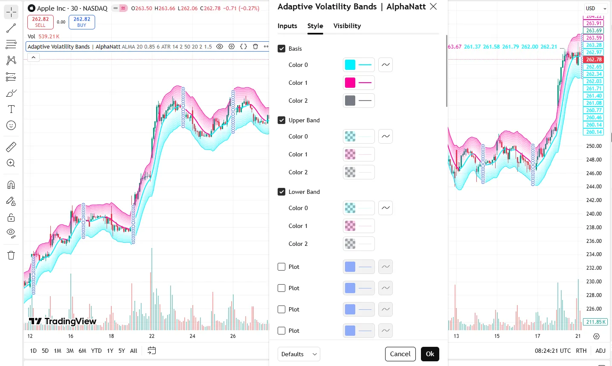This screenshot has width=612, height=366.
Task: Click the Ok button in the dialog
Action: pyautogui.click(x=430, y=354)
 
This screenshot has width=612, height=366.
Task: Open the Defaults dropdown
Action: pyautogui.click(x=299, y=354)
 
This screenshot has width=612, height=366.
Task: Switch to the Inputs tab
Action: pyautogui.click(x=287, y=26)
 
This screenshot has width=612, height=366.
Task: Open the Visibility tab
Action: pyautogui.click(x=347, y=26)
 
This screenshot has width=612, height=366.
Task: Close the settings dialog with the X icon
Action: pyautogui.click(x=433, y=6)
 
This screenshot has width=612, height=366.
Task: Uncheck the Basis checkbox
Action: pyautogui.click(x=281, y=49)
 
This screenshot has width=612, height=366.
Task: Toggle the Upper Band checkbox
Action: pyautogui.click(x=281, y=120)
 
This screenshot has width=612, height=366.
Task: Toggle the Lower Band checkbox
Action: pyautogui.click(x=281, y=192)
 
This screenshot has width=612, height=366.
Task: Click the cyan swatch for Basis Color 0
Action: pyautogui.click(x=350, y=65)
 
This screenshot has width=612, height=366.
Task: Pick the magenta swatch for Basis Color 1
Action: pyautogui.click(x=350, y=83)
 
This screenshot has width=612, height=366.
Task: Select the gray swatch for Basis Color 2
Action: pyautogui.click(x=350, y=101)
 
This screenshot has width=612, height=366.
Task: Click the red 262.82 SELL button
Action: pyautogui.click(x=40, y=22)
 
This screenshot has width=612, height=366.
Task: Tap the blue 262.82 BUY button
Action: pyautogui.click(x=82, y=22)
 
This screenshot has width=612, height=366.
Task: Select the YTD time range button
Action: pyautogui.click(x=96, y=351)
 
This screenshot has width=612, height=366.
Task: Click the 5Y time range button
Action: pyautogui.click(x=122, y=351)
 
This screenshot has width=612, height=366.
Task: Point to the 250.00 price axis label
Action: pyautogui.click(x=594, y=146)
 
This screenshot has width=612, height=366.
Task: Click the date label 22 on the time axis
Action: pyautogui.click(x=152, y=336)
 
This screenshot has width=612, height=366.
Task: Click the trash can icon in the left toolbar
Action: pyautogui.click(x=11, y=255)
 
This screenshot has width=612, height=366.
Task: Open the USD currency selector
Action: pyautogui.click(x=595, y=8)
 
